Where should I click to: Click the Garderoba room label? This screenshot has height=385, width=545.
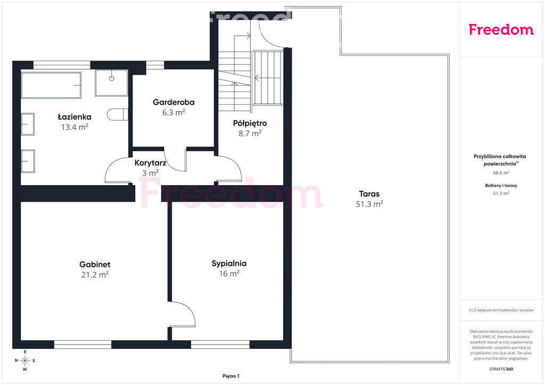[x=174, y=102]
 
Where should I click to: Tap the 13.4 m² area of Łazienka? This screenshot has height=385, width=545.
[x=75, y=127]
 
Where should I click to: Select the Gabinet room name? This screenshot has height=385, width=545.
[x=95, y=264]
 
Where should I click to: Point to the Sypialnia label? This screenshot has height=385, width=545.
[x=229, y=264]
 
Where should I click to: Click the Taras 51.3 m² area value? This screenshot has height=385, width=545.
[x=369, y=204]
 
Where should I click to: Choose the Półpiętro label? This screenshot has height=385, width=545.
[x=250, y=123]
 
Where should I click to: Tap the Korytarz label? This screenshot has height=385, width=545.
[x=150, y=163]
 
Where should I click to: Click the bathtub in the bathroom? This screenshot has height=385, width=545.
[x=51, y=85]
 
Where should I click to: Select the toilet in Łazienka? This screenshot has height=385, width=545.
[x=118, y=114]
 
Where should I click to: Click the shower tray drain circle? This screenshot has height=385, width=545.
[x=112, y=79]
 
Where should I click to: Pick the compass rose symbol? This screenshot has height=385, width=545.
[x=25, y=361]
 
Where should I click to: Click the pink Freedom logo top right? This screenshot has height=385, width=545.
[x=501, y=29]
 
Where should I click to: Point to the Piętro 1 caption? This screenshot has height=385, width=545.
[x=231, y=376]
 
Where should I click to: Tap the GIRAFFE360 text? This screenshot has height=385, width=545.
[x=501, y=369]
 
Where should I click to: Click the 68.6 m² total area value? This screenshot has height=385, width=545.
[x=501, y=172]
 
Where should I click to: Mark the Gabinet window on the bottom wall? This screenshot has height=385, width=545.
[x=82, y=344]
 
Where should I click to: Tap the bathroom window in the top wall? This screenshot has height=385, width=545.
[x=62, y=65]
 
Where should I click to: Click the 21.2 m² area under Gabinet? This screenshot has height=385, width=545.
[x=95, y=274]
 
